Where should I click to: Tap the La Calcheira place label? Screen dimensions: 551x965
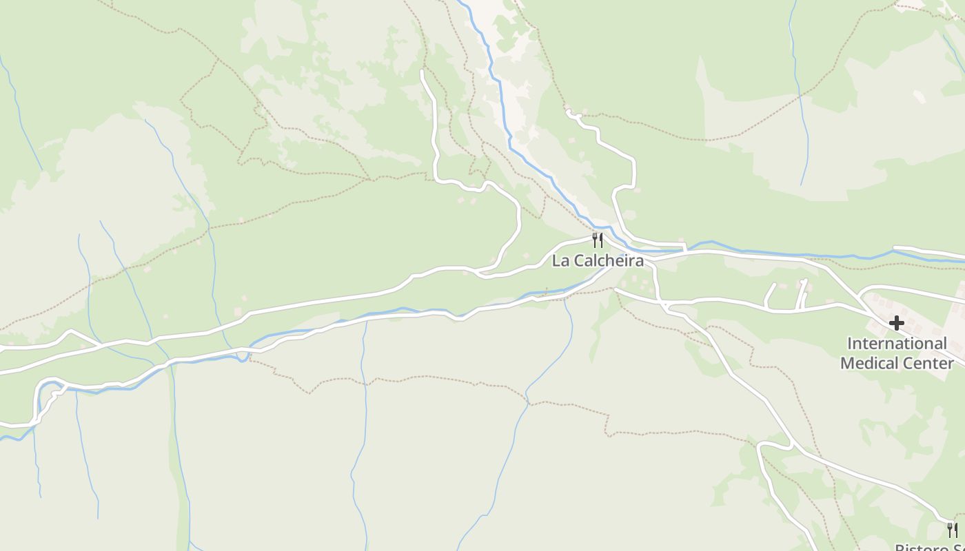598,261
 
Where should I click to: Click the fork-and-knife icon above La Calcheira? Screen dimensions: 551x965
598,240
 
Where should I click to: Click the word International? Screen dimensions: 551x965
897,343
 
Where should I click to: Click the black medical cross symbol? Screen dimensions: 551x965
896,322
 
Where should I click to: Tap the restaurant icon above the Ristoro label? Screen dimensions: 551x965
952,530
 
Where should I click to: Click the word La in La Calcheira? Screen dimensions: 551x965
560,261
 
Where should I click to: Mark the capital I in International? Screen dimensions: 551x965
849,343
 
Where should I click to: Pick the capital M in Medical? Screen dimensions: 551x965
847,362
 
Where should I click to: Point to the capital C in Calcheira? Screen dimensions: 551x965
579,261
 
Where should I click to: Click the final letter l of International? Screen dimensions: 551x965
945,343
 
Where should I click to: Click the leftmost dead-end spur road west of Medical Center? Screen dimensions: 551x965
768,295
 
